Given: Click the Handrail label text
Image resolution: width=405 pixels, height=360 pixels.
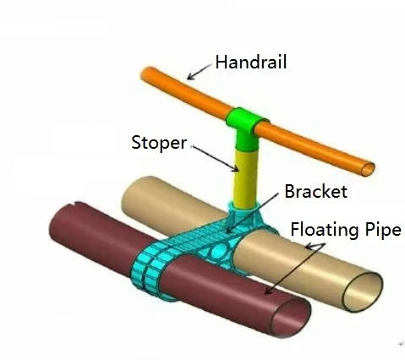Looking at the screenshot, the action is click(x=251, y=62).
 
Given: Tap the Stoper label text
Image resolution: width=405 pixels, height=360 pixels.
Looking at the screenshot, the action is click(x=159, y=143).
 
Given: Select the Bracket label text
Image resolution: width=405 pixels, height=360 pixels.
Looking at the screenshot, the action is click(x=315, y=192).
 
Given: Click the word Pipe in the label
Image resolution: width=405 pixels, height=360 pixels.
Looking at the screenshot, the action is click(x=383, y=230).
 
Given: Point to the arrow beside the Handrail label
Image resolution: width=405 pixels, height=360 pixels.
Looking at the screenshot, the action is click(x=199, y=72).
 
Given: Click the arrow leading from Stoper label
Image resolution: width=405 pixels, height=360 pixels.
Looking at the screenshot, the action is click(x=215, y=158).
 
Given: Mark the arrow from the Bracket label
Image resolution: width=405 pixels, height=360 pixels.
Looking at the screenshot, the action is click(x=252, y=213).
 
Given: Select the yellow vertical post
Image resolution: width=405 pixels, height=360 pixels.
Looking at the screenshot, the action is click(x=246, y=178).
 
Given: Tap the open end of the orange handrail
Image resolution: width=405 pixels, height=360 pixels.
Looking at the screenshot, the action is click(x=368, y=169).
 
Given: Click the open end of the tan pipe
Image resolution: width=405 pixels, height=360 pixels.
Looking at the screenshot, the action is click(x=363, y=292).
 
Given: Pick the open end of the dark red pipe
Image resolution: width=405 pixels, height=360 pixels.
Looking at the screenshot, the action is click(x=291, y=317).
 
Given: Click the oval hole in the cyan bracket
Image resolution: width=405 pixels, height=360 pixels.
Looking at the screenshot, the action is click(x=221, y=249).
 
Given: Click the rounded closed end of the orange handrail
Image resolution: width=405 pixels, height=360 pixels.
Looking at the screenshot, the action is click(x=146, y=74).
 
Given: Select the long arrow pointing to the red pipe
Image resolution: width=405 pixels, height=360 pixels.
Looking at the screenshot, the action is click(x=295, y=269).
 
